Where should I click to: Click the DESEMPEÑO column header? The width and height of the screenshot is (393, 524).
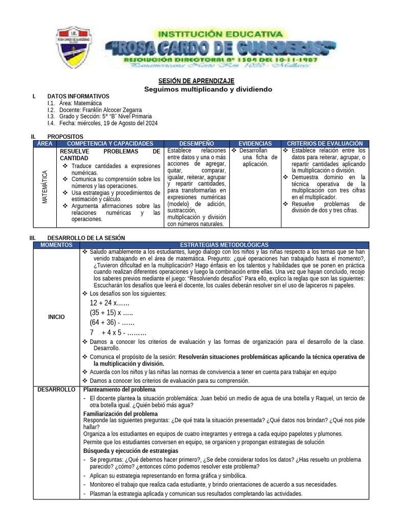point(197,144)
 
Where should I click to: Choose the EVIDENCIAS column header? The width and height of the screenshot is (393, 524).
point(254,144)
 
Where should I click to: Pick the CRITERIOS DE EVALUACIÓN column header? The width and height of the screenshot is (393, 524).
point(325,144)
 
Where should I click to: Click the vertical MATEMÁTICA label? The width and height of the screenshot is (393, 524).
point(45,187)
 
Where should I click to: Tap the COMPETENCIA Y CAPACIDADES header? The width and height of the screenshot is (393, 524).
point(110,144)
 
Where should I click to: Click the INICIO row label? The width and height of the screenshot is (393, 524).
point(56,317)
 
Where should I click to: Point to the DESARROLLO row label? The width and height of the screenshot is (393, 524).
point(56,390)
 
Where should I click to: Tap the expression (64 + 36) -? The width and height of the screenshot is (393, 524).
point(112,322)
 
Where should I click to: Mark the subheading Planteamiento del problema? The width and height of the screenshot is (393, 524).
point(119,390)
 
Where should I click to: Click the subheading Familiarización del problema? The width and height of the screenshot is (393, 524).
point(120,413)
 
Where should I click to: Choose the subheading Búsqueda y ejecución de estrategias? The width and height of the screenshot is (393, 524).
point(130,451)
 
